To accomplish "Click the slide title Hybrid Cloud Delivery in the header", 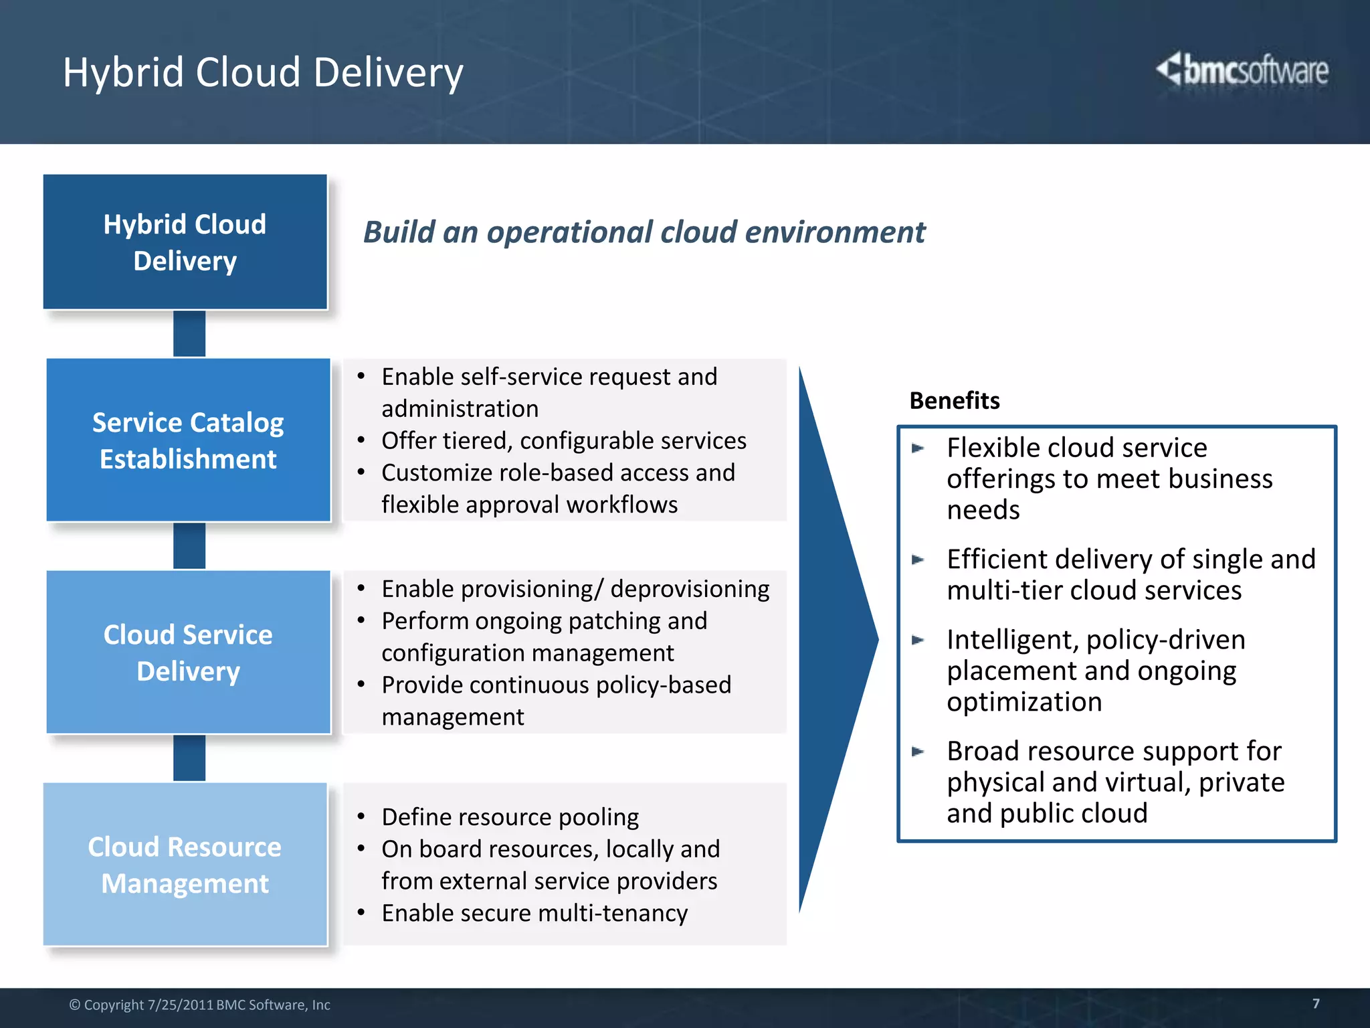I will point(263,72).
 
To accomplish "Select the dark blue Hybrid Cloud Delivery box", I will point(185,242).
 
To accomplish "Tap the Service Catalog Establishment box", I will point(188,440).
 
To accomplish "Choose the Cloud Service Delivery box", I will point(188,652).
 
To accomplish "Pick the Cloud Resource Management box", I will point(185,864).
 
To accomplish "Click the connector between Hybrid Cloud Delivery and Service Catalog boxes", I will point(189,333).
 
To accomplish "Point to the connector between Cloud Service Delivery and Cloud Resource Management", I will point(189,758).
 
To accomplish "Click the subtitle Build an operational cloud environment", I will point(644,232).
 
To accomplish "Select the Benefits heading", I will point(955,401).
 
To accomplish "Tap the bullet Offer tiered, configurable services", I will point(563,441).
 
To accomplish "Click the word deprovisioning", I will point(690,589).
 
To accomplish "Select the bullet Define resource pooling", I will point(510,817).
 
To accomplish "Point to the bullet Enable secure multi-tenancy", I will point(534,913).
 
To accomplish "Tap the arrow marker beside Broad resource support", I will point(918,752).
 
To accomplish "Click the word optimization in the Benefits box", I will point(1023,702).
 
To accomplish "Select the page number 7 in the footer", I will point(1316,1003).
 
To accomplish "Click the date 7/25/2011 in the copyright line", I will point(180,1005).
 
